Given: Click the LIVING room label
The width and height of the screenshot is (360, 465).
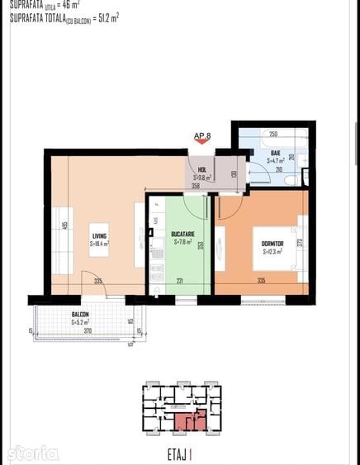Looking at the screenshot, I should (x=100, y=236).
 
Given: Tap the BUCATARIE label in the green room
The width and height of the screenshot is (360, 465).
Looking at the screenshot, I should (x=182, y=235).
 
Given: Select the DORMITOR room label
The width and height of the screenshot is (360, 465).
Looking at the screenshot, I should (x=272, y=244).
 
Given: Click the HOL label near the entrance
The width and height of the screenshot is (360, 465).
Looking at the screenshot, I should (x=202, y=169).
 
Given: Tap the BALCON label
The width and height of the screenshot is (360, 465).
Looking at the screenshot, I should (x=80, y=315).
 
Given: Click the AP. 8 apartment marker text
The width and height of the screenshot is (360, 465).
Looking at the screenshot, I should (x=202, y=135).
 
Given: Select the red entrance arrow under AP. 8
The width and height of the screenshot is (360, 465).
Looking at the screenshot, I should (x=202, y=142).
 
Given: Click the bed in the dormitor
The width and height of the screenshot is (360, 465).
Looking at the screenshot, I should (x=279, y=248).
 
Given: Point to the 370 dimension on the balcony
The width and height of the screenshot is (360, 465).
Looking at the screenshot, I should (x=87, y=330).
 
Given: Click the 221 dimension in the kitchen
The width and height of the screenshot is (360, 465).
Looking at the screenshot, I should (x=179, y=280).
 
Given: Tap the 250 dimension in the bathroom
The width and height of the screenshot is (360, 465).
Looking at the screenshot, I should (x=272, y=133).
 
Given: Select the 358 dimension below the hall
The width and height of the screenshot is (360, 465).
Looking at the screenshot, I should (x=195, y=187).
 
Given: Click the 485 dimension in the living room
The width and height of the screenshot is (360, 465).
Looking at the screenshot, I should (x=64, y=225).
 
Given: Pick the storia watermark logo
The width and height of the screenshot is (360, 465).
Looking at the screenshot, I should (x=34, y=453).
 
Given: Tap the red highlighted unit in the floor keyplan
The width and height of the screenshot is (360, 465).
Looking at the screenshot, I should (x=189, y=421).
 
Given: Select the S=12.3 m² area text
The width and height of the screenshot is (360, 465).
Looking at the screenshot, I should (x=273, y=251).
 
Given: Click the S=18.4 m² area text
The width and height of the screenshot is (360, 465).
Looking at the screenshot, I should (x=100, y=244).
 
